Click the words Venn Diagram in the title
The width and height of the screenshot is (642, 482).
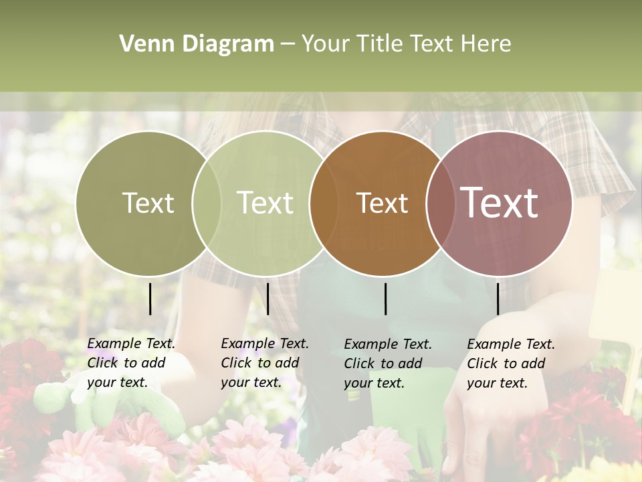pos(197,44)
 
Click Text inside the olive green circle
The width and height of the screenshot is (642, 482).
pos(148,203)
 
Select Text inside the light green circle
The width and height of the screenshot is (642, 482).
pos(265,203)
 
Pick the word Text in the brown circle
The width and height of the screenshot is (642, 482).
pos(382,203)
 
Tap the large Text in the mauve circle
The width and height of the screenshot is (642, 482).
pos(500,203)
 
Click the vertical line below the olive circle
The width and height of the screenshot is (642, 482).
pos(150,299)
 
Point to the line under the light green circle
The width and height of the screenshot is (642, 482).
pos(267,299)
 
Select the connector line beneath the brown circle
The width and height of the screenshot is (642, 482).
pos(385,299)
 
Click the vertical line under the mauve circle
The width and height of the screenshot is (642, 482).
pos(498,299)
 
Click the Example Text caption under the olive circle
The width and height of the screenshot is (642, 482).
pos(130,363)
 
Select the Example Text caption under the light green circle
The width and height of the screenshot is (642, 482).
pos(264,363)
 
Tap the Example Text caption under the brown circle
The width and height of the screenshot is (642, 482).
pos(387,364)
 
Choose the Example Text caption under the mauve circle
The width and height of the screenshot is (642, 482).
pos(510,364)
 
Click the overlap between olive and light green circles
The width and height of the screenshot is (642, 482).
pos(207,203)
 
